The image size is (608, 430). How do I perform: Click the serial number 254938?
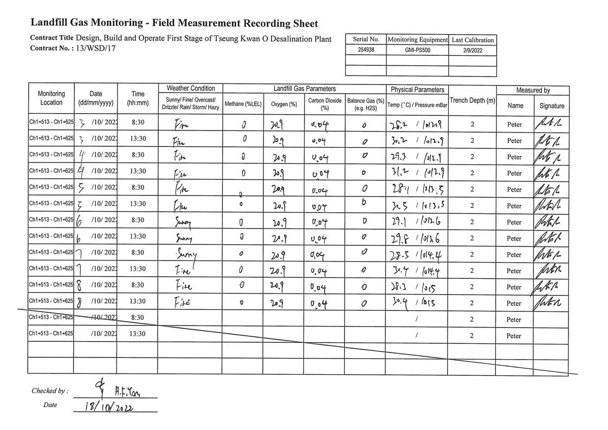click(x=366, y=50)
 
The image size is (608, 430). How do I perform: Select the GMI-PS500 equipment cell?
click(x=417, y=50)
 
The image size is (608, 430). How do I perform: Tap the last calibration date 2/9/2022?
click(x=472, y=50)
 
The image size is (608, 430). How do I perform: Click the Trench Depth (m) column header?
click(x=472, y=101)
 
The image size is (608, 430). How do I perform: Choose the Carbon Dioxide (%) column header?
click(x=325, y=104)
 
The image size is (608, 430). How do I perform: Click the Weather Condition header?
click(x=190, y=88)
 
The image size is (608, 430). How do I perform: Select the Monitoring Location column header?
click(x=51, y=98)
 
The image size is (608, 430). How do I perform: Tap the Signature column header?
click(x=552, y=106)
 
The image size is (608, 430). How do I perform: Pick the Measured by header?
click(x=533, y=90)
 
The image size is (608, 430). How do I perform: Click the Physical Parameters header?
click(x=417, y=89)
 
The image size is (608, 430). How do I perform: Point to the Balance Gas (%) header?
click(x=365, y=104)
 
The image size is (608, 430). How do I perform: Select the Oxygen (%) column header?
click(x=283, y=104)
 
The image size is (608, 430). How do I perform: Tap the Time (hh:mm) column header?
click(x=138, y=98)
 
